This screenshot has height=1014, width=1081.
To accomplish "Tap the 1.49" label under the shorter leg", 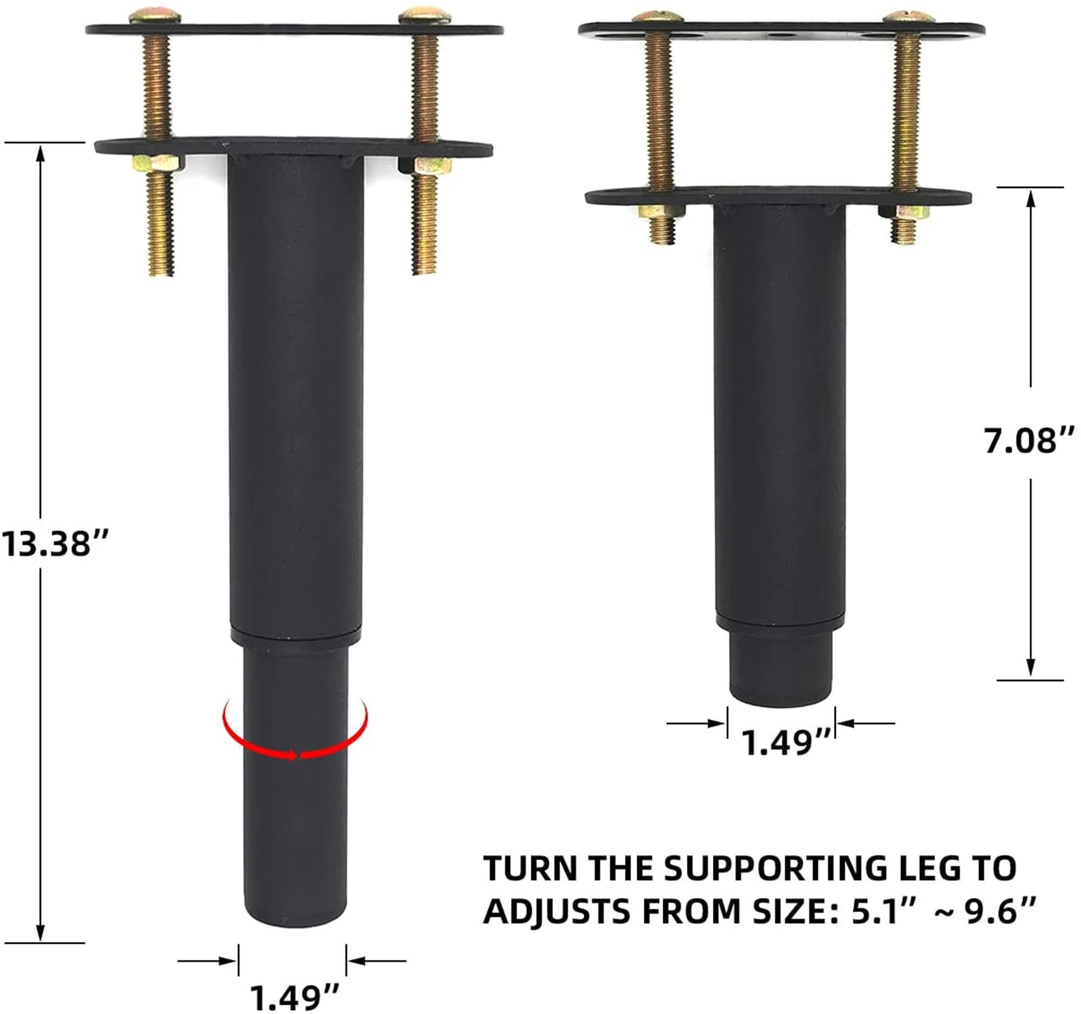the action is click(786, 743).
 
